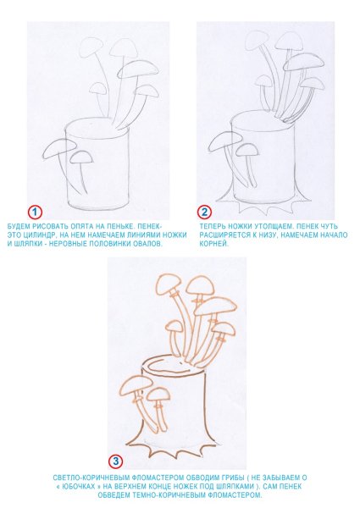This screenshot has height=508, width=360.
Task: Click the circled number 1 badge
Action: click(x=35, y=213)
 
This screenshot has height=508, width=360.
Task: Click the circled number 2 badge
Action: click(x=204, y=213)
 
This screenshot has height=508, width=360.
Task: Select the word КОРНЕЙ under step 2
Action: click(x=214, y=244)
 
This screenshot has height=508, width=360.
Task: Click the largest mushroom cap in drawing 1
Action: click(x=139, y=69)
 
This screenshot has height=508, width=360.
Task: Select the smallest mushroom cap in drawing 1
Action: click(x=97, y=88)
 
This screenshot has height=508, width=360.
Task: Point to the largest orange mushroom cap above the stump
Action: click(x=215, y=306)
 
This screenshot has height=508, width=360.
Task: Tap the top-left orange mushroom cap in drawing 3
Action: click(x=169, y=284)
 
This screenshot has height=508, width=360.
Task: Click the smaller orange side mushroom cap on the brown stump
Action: click(x=158, y=395)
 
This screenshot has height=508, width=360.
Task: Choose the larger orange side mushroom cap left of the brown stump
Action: click(x=136, y=384)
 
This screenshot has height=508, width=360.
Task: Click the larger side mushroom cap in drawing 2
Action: click(x=226, y=141)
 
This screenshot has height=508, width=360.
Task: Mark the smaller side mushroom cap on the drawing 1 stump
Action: click(x=81, y=157)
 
